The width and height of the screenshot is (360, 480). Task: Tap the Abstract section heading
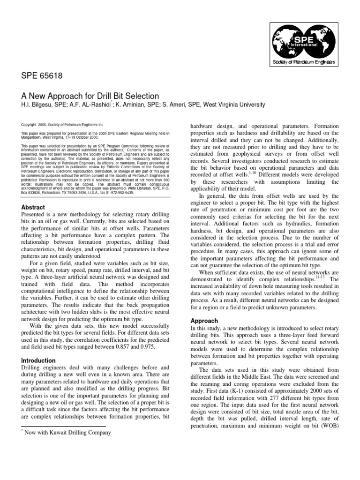click(33, 207)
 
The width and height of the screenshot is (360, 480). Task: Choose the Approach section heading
click(204, 321)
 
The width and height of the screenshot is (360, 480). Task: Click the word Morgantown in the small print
click(35, 137)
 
